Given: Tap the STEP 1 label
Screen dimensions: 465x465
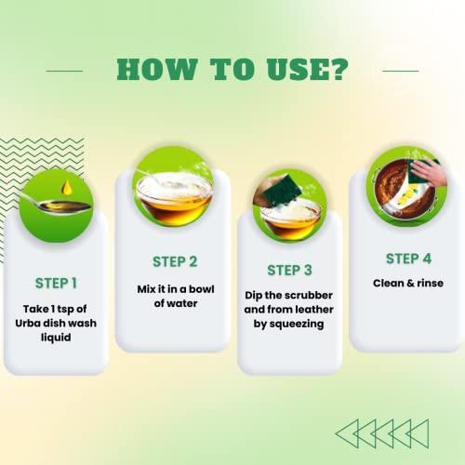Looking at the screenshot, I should tap(56, 282).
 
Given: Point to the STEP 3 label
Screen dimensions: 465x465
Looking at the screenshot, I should tap(289, 270).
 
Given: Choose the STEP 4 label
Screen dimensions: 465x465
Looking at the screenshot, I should tap(408, 258).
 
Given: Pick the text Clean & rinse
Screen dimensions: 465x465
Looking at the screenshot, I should tap(408, 283).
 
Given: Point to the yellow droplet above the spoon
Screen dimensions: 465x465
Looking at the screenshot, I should tap(67, 190).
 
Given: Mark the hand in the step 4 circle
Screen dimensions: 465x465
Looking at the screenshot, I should tap(430, 171).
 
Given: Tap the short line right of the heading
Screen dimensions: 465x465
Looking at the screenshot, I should tap(400, 70).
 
